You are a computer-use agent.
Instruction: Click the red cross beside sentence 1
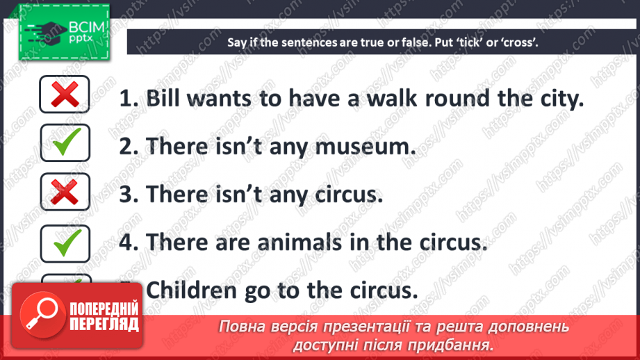click(65, 94)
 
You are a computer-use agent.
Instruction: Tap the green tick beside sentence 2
click(65, 143)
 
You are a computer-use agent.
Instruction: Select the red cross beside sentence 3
click(65, 192)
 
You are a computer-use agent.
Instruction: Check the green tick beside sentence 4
click(65, 241)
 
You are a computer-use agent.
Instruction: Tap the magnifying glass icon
click(39, 310)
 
